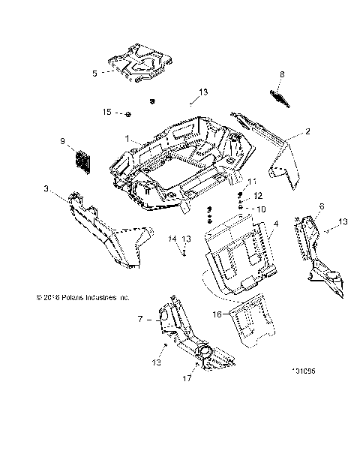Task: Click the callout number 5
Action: (x=94, y=73)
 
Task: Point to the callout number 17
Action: (x=188, y=379)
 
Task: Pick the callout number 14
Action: (x=172, y=239)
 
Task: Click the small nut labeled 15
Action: (x=128, y=113)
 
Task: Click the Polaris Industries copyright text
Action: (x=72, y=297)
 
